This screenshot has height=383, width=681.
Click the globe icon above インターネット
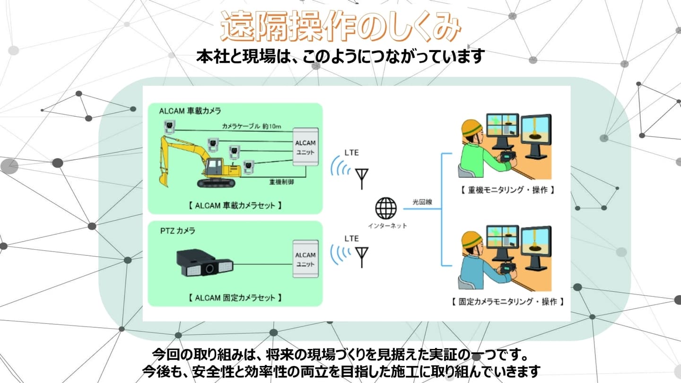click(386, 208)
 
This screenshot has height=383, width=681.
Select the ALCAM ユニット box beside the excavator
click(305, 147)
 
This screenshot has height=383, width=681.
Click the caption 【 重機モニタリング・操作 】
click(506, 190)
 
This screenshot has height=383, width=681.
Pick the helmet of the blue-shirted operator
click(471, 239)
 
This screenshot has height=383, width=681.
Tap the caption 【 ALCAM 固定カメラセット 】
click(235, 298)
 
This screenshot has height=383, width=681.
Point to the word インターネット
click(387, 226)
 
